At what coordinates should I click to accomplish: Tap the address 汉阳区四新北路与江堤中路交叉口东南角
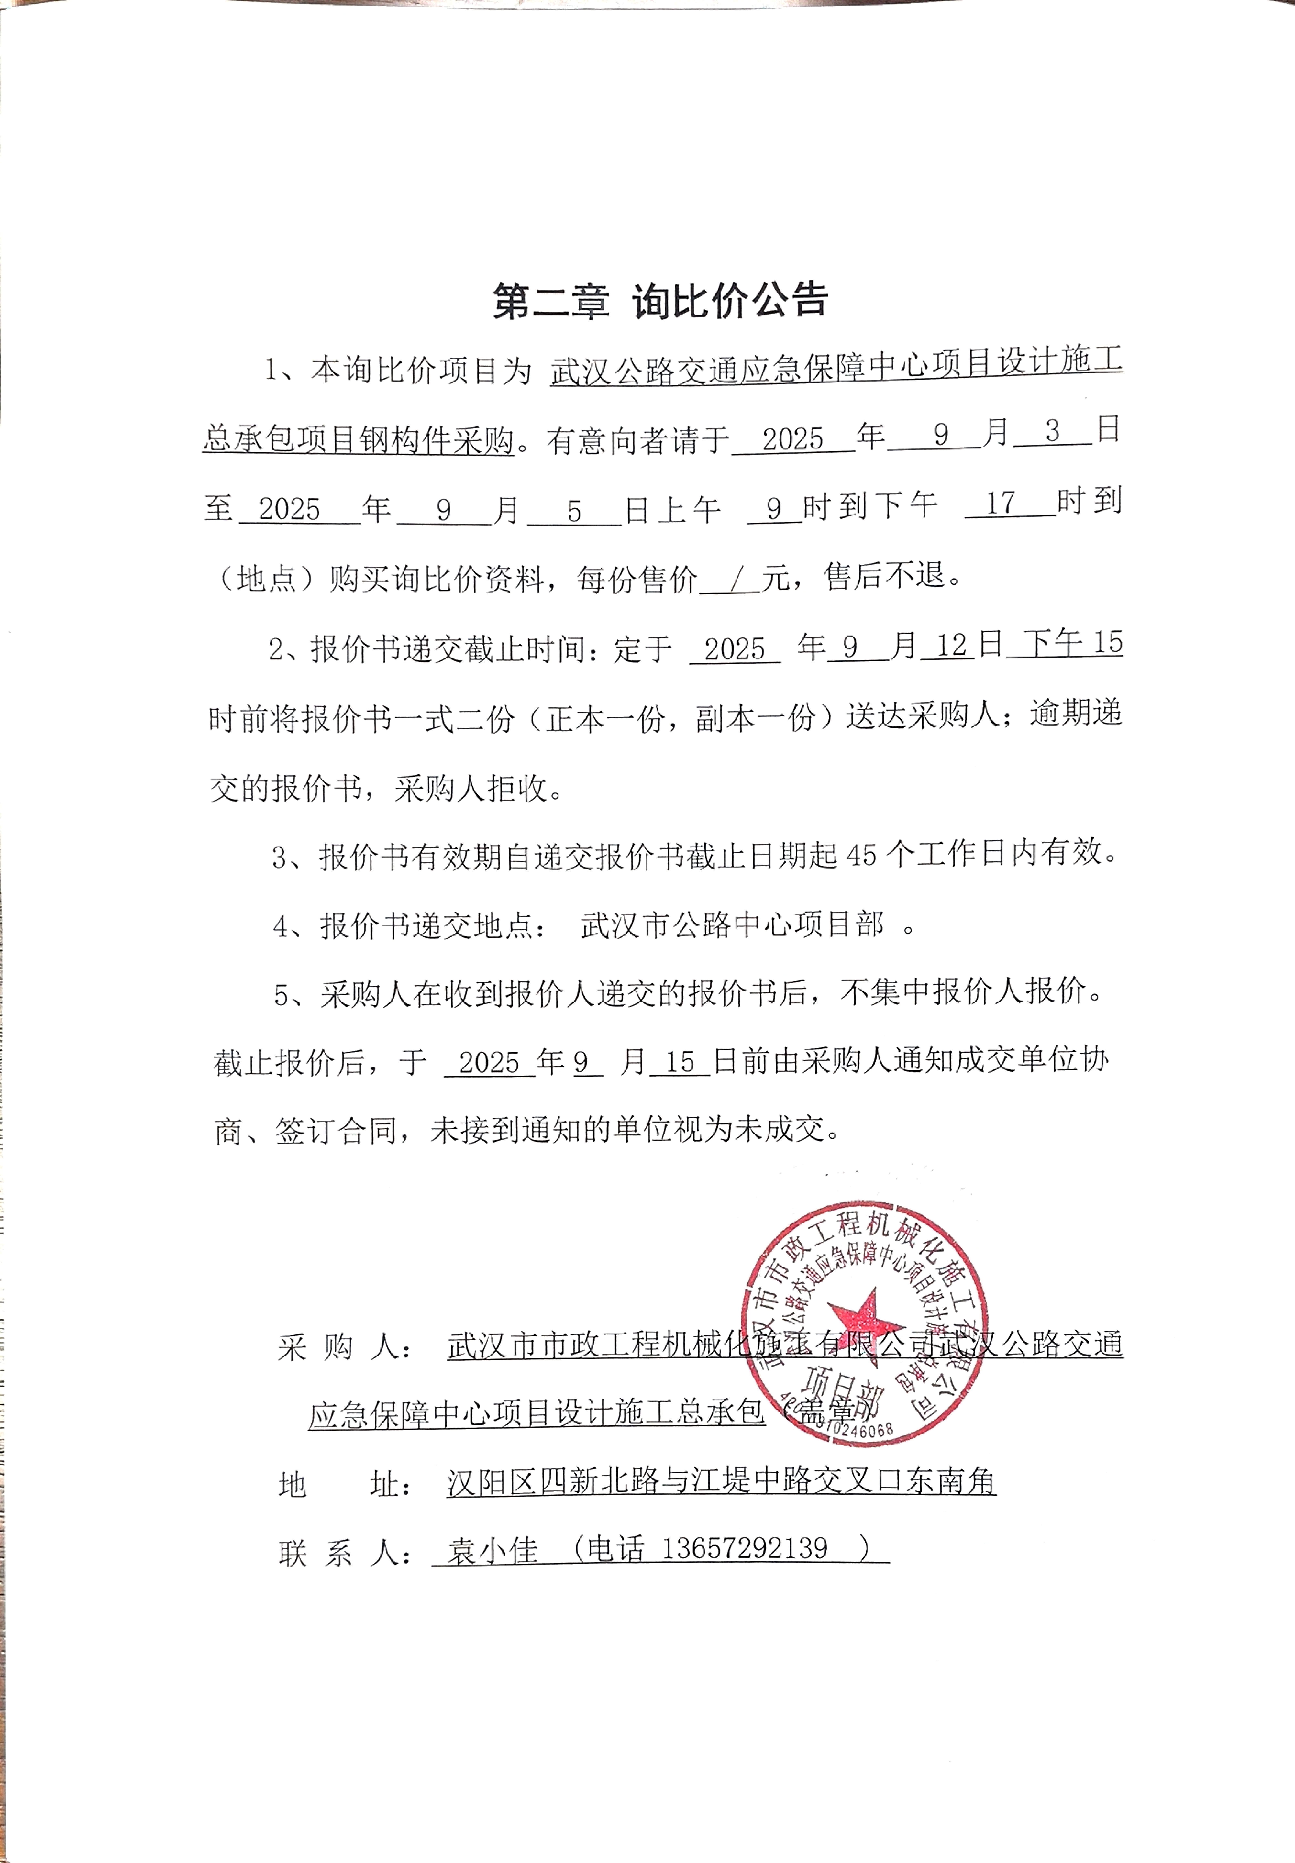click(720, 1482)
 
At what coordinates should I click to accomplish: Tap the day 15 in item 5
click(679, 1062)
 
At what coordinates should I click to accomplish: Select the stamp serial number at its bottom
click(850, 1430)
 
